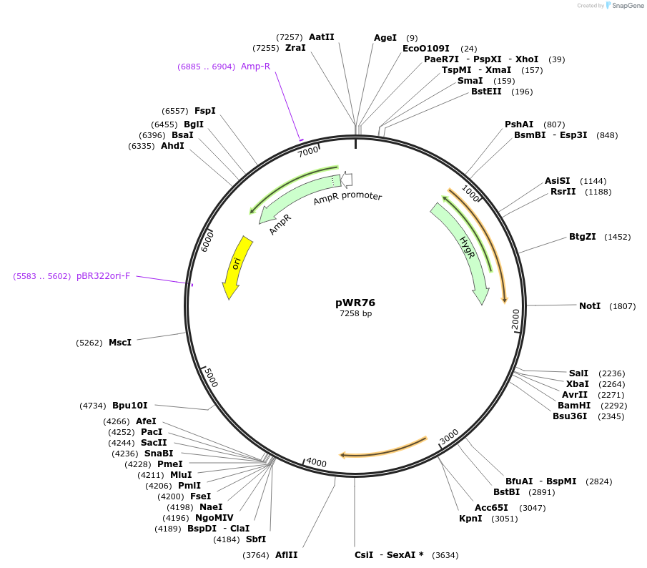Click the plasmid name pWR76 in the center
point(355,303)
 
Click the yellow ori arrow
point(237,266)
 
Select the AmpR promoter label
point(347,198)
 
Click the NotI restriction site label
point(590,306)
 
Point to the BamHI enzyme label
point(573,405)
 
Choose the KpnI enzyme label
point(470,519)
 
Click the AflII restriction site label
point(287,555)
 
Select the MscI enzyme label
point(120,343)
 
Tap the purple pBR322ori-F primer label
point(104,276)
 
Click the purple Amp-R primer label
point(255,67)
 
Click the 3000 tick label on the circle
point(448,436)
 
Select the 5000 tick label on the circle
point(210,377)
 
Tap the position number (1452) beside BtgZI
point(618,237)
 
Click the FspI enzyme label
point(205,111)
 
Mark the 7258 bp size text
point(355,313)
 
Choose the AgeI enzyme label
point(385,38)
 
